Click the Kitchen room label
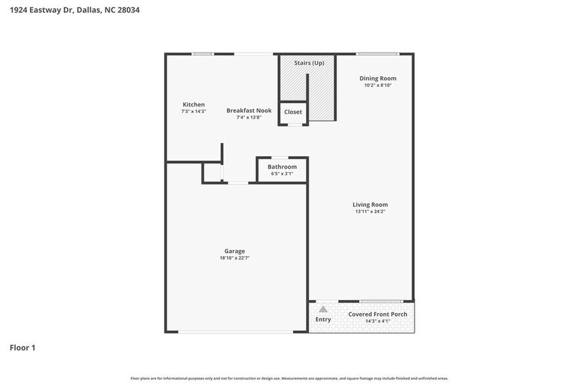coord(194,104)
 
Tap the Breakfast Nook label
coord(249,110)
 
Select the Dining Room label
coord(377,78)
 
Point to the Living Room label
coord(370,204)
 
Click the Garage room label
coord(234,251)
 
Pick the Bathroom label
coord(282,167)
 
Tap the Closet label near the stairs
coord(293,112)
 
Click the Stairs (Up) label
coord(309,63)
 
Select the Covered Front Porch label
coord(377,314)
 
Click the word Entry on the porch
coord(323,320)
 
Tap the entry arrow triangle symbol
coord(323,309)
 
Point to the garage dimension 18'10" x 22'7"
coord(234,258)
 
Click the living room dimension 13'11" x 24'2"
coord(370,211)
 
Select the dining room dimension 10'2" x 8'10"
coord(377,85)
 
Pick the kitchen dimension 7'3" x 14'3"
coord(194,112)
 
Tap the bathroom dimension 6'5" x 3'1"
coord(282,174)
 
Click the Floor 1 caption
coord(22,347)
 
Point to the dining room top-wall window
coord(377,54)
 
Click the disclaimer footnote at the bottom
coord(289,378)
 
